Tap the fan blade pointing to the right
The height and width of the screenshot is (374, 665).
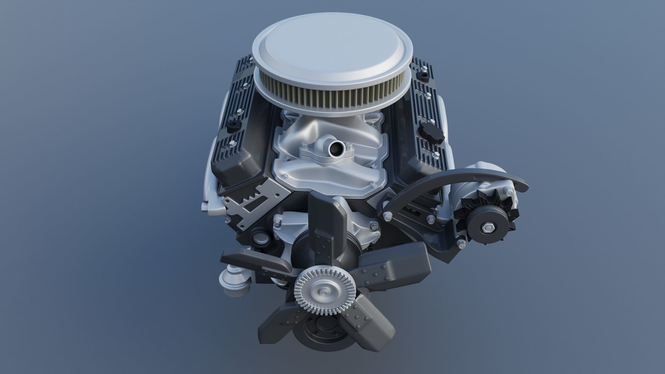click(395, 265)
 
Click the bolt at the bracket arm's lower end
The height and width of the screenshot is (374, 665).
click(387, 217)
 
